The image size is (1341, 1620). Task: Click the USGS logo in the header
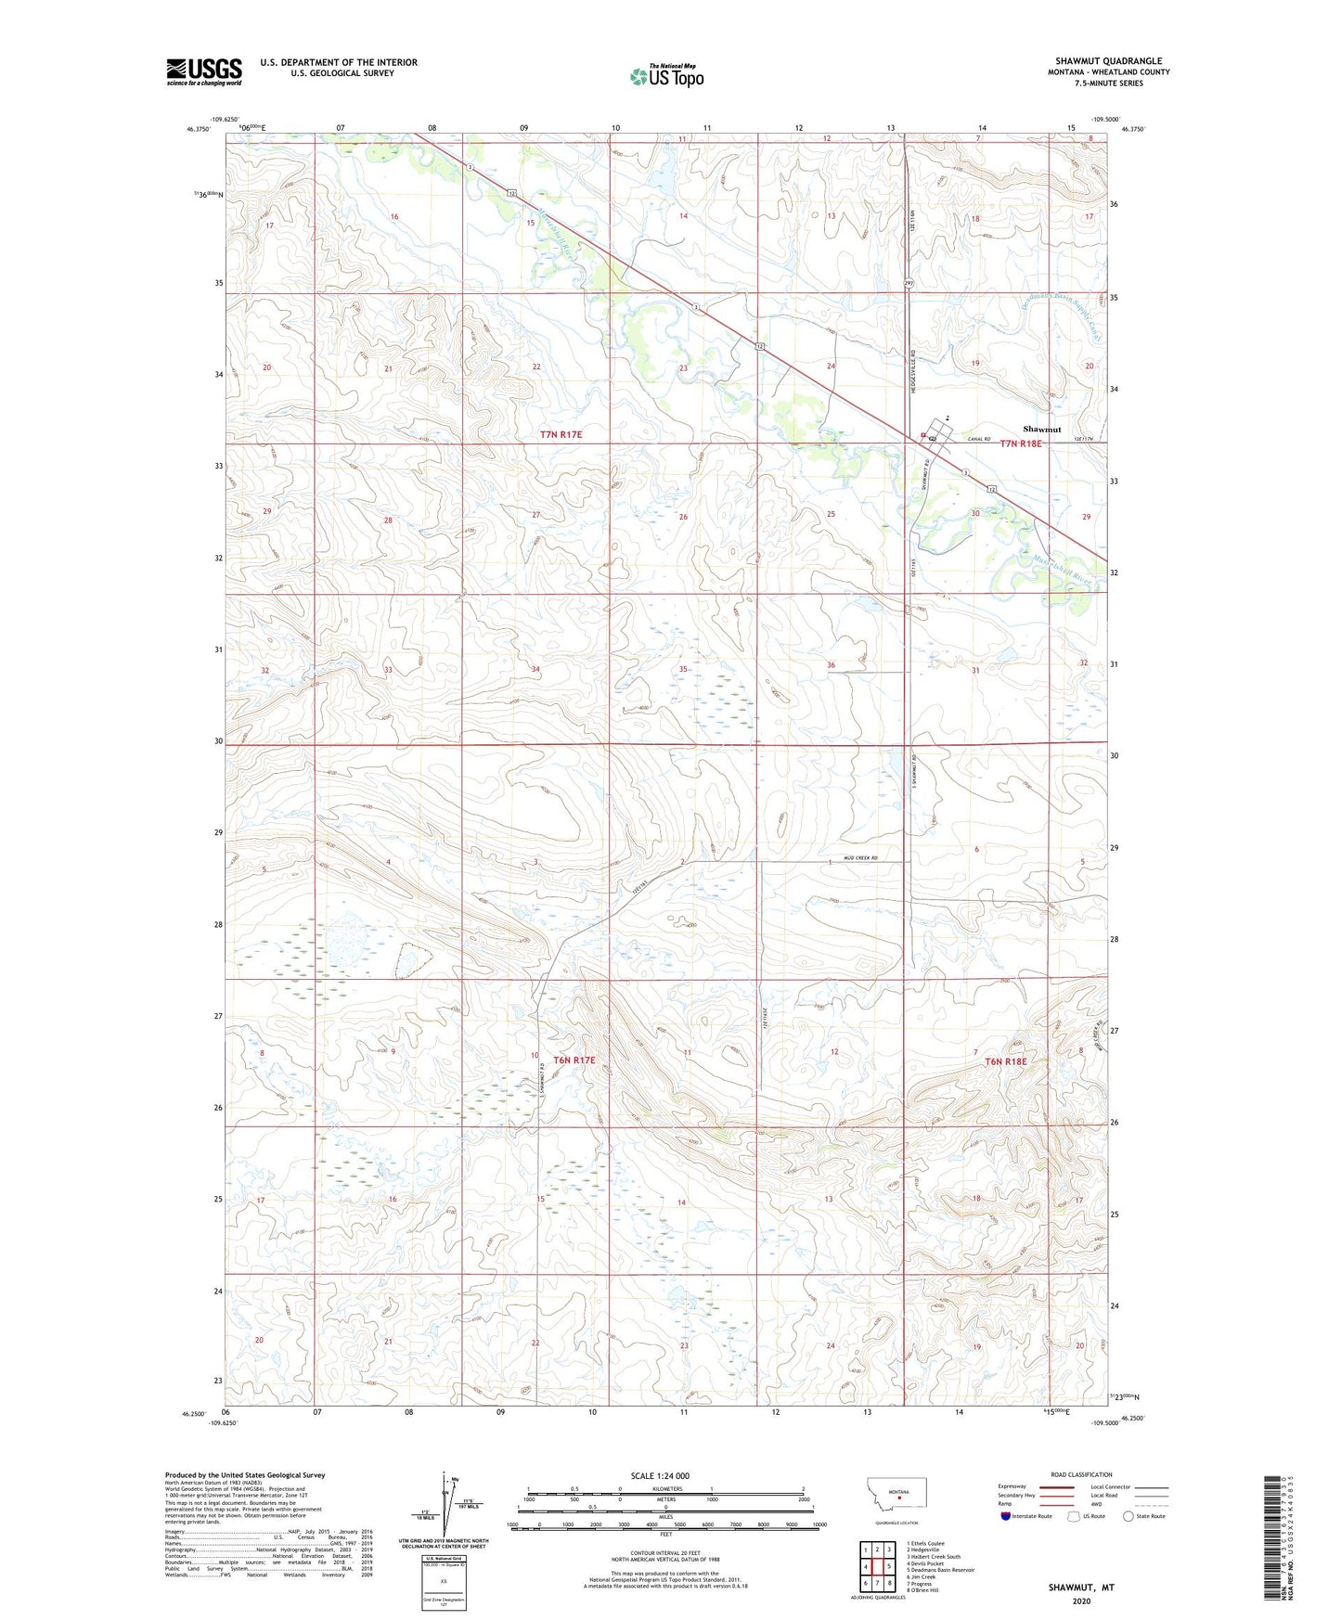pyautogui.click(x=204, y=71)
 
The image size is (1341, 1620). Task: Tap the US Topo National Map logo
pyautogui.click(x=666, y=76)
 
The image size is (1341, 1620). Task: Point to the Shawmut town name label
pyautogui.click(x=1041, y=430)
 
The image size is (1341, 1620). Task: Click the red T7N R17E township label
pyautogui.click(x=561, y=434)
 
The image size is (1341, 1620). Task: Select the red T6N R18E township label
pyautogui.click(x=1006, y=1061)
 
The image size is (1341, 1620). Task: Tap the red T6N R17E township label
pyautogui.click(x=574, y=1060)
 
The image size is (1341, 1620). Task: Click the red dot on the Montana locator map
pyautogui.click(x=899, y=1496)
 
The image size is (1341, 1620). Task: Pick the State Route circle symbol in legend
pyautogui.click(x=1128, y=1516)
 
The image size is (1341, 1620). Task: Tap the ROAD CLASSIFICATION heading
pyautogui.click(x=1081, y=1474)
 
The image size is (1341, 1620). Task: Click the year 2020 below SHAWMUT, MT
pyautogui.click(x=1080, y=1601)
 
